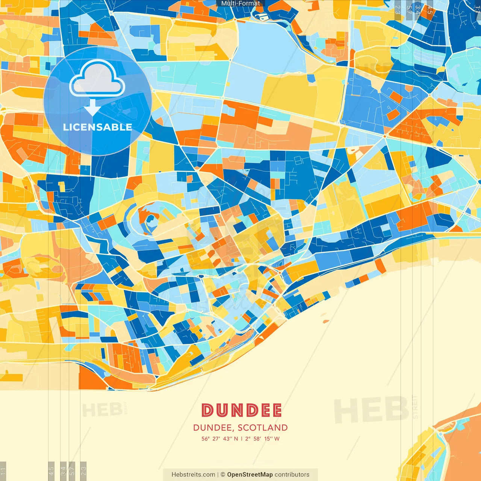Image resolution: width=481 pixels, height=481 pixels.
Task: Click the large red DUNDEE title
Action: (241, 410)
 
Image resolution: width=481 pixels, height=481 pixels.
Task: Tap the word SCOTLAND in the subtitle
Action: (263, 428)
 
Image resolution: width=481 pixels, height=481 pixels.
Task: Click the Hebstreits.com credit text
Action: (193, 475)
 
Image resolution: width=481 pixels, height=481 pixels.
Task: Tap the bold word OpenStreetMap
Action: (250, 475)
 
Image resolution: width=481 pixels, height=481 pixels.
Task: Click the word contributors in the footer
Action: (292, 475)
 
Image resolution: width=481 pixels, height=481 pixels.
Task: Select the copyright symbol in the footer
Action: (222, 475)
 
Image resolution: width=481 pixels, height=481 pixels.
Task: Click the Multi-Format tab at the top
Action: (240, 3)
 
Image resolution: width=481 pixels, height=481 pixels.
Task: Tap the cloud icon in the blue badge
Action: (97, 80)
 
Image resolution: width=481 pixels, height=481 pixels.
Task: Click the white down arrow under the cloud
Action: (92, 109)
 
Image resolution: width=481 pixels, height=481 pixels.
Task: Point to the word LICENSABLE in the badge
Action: (97, 127)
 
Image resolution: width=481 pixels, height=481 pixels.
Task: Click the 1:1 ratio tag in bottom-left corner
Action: (3, 471)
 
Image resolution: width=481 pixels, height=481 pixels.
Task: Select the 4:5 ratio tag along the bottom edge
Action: (51, 471)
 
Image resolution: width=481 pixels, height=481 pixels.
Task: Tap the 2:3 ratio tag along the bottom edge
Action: (83, 471)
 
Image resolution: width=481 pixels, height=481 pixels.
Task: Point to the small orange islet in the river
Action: (325, 322)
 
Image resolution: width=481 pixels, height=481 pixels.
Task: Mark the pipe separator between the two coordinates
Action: (242, 439)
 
